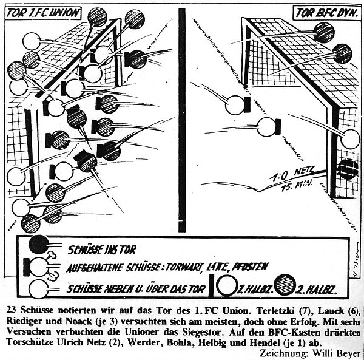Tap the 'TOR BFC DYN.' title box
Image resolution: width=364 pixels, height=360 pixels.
[x=324, y=12]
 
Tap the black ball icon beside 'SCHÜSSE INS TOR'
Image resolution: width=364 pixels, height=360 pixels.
[x=39, y=244]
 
